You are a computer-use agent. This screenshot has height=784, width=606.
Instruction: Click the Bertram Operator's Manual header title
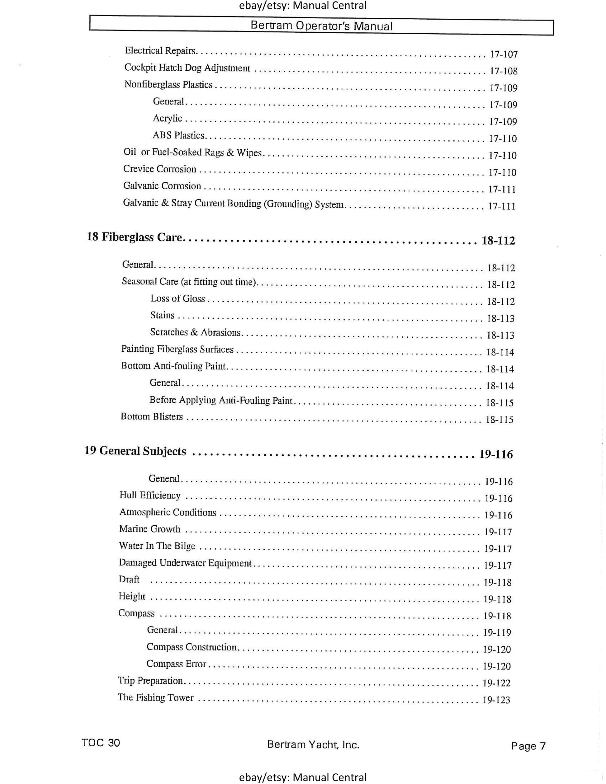pos(321,26)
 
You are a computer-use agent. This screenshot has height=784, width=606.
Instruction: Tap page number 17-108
pos(504,71)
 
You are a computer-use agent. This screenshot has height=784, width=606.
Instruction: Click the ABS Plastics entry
pos(178,135)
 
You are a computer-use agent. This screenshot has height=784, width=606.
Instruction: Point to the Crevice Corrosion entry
pos(160,169)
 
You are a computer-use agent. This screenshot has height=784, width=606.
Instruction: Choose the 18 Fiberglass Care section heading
pos(135,237)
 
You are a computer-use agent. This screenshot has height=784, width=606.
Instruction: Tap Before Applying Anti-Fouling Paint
pos(221,400)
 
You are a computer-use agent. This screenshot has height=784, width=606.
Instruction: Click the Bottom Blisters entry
pos(152,416)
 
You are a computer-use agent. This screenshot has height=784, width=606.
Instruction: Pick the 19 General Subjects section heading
pos(135,451)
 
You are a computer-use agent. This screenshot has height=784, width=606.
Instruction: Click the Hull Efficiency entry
pos(150,495)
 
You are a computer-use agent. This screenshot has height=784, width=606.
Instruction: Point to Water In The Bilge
pos(157,546)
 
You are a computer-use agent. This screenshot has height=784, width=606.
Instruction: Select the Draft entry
pos(129,580)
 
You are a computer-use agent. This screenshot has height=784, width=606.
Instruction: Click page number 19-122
pos(496,683)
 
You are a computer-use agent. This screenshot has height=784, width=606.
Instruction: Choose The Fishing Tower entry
pos(155,697)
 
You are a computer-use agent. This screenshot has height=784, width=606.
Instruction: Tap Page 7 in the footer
pos(528,746)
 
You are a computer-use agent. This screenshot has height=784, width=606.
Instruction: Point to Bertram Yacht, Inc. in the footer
pos(313,745)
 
